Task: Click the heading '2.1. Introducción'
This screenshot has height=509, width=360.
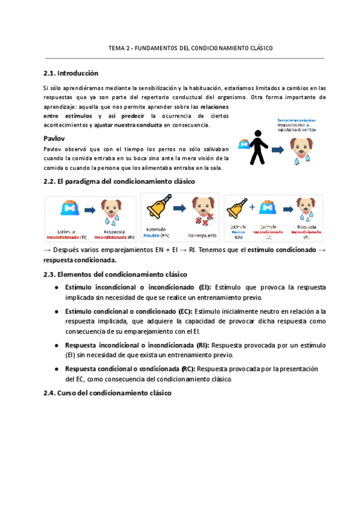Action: tap(70, 73)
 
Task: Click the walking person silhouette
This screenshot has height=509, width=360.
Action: tap(257, 147)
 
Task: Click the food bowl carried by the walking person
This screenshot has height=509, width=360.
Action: tap(243, 144)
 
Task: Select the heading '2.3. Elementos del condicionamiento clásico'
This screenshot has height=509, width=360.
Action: tap(115, 274)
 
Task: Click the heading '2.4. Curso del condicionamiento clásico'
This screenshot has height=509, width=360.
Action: tap(107, 393)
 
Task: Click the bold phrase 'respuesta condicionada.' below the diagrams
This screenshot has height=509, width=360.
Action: tap(80, 260)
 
